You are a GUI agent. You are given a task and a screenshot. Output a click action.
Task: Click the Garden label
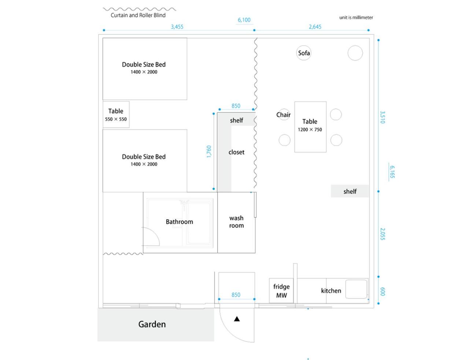152,324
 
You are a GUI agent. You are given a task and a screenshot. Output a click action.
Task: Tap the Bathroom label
179,222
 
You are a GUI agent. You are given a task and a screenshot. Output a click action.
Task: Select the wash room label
236,222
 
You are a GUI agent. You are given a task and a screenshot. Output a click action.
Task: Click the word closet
236,152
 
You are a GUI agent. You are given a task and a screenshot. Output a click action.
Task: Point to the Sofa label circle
304,53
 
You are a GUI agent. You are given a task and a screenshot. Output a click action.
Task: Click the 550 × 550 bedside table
116,115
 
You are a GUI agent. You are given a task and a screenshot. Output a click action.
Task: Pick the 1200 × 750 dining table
310,127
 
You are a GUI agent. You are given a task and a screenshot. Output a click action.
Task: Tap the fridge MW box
281,291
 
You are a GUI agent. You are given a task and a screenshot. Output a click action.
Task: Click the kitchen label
331,291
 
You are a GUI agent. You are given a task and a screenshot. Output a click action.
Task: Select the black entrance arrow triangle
237,319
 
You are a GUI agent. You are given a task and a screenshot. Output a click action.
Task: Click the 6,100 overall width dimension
244,20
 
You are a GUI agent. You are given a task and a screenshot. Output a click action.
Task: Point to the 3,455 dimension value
177,27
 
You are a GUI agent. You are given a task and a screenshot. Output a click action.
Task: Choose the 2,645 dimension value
315,27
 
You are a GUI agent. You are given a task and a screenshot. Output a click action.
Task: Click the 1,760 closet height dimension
209,152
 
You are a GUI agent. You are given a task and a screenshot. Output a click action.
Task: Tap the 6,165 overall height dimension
392,172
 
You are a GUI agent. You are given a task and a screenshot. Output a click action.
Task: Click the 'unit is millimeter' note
356,18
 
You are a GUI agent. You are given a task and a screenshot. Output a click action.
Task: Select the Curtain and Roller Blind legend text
138,15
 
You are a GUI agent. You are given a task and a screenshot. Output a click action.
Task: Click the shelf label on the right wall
350,192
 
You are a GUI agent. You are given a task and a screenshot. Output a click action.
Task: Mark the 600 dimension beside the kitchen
383,292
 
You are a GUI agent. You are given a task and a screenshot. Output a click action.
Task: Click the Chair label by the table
283,115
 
